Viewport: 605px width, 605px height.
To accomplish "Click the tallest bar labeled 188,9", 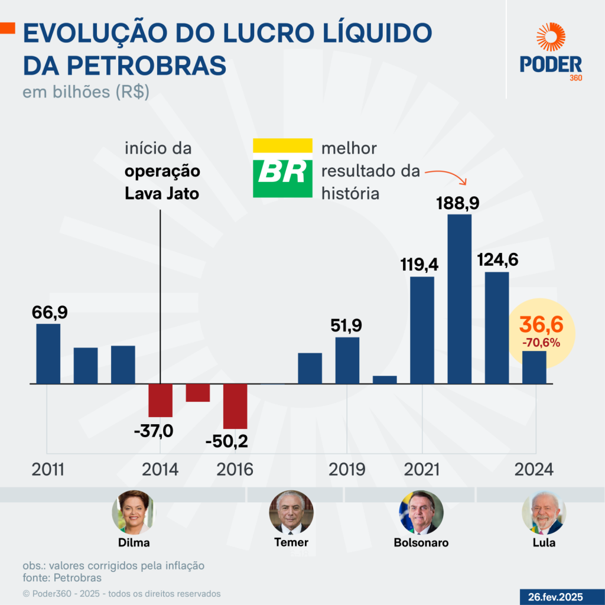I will [459, 298].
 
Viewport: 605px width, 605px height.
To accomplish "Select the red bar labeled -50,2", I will [235, 406].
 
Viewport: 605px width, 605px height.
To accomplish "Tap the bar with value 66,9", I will [48, 353].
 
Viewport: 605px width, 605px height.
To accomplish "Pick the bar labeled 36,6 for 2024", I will [534, 367].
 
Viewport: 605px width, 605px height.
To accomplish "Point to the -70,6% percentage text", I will [541, 342].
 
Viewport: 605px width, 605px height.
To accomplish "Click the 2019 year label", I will [347, 470].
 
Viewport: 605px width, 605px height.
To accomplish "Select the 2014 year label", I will [160, 470].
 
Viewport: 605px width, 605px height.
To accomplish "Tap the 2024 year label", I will [534, 470].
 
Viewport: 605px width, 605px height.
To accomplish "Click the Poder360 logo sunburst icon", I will [551, 38].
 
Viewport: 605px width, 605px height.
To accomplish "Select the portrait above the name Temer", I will [291, 512].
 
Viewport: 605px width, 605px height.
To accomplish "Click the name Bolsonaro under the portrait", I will [421, 542].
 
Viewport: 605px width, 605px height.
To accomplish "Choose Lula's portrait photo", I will [544, 512].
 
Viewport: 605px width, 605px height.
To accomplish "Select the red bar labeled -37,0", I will [160, 401].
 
